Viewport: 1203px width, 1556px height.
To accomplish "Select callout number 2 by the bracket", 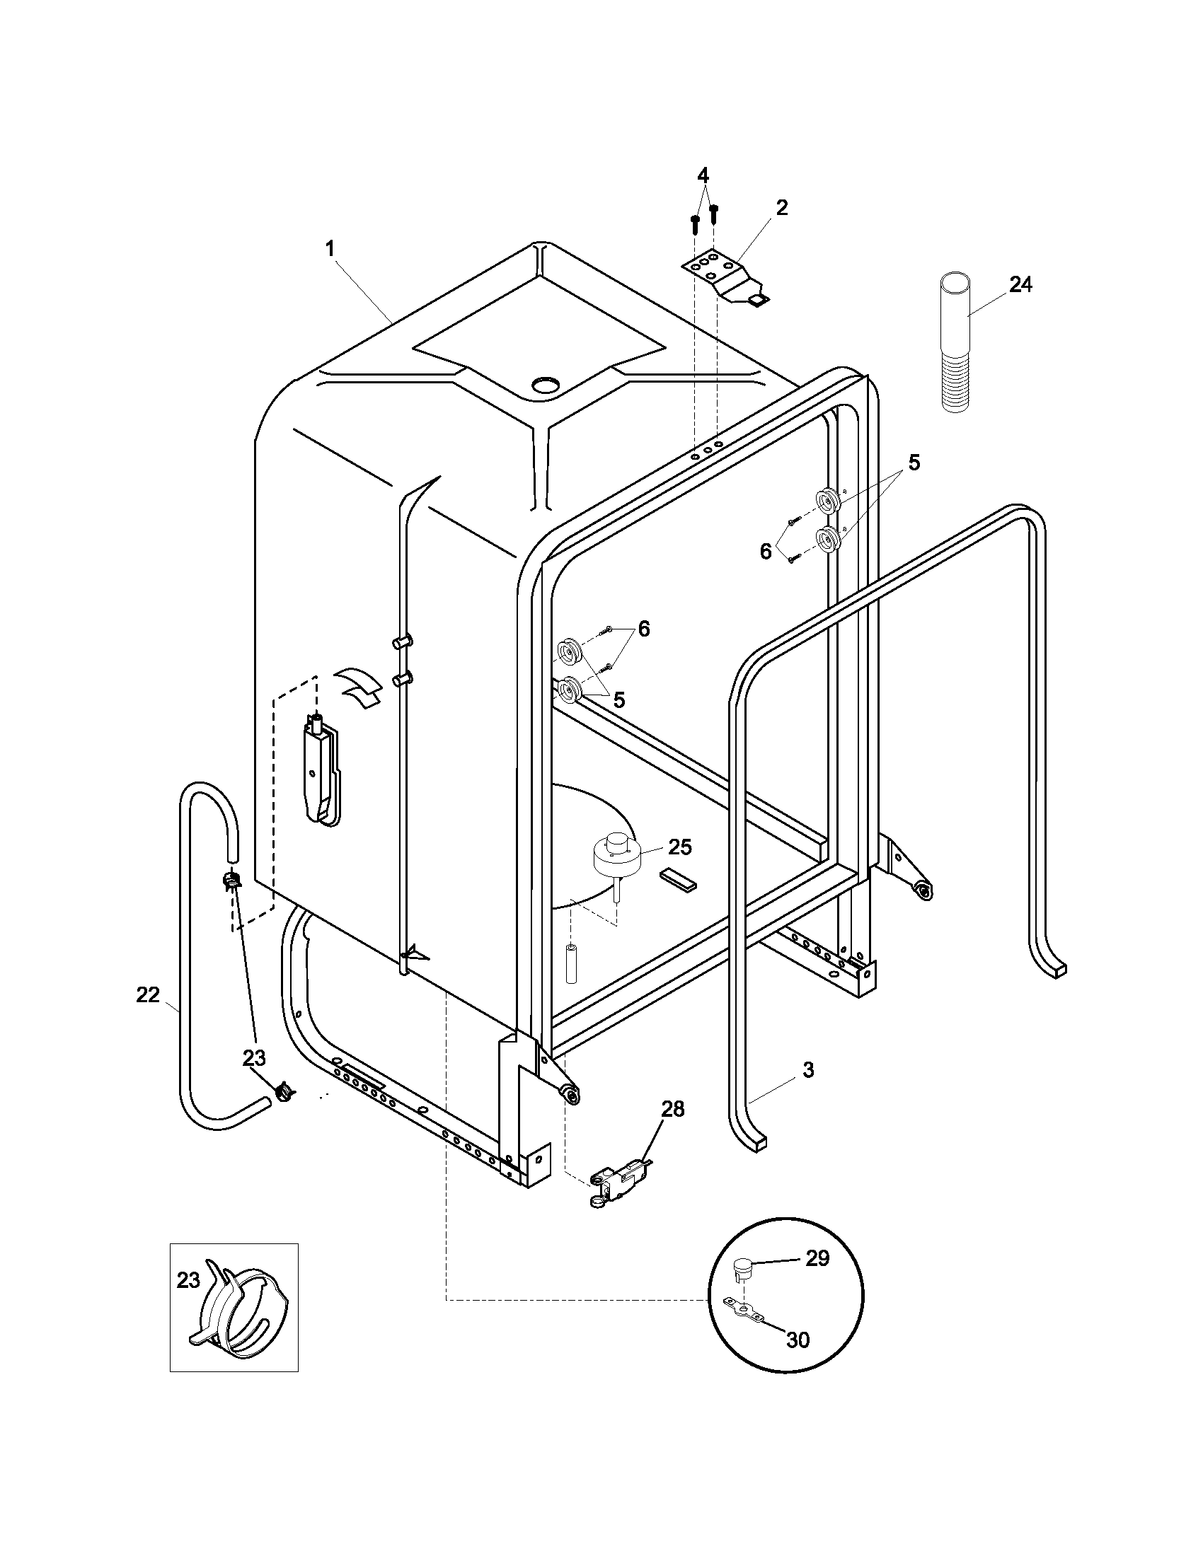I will pos(782,208).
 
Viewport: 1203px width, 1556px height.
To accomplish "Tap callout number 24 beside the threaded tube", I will pos(1020,285).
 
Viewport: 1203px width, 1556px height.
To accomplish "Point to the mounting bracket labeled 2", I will pos(723,277).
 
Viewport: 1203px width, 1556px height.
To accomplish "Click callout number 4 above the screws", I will pos(703,175).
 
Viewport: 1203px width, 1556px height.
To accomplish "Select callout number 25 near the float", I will pos(680,847).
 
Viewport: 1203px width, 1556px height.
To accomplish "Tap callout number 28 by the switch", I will pos(673,1108).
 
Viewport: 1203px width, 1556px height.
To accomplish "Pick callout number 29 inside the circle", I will pos(817,1258).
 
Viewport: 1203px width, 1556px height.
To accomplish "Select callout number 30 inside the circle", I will pos(798,1340).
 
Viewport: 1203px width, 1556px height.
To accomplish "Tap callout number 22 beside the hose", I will pos(147,995).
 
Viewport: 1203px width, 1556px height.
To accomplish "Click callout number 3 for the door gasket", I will pos(808,1069).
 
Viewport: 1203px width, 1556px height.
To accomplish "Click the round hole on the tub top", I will pos(546,385).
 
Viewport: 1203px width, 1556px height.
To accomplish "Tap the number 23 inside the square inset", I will pos(188,1280).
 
